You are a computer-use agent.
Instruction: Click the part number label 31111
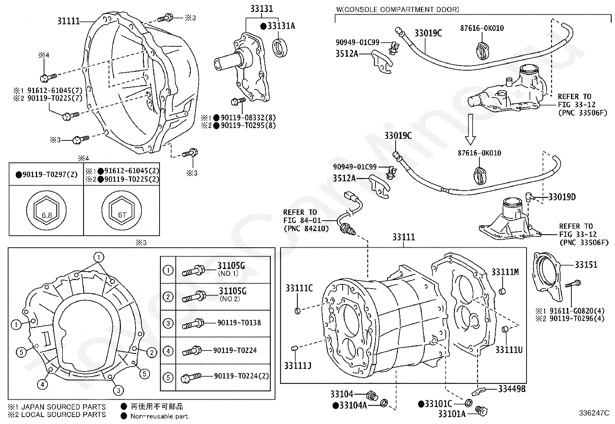coord(68,21)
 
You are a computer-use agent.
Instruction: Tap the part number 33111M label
coord(505,272)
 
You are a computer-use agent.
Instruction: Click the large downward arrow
coord(470,129)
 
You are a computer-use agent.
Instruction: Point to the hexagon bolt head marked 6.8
coord(46,211)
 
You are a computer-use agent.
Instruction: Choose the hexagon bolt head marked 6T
coord(122,211)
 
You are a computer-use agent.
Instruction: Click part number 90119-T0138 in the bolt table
coord(239,323)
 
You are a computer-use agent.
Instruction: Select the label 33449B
coord(512,389)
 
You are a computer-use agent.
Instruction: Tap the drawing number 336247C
coord(594,413)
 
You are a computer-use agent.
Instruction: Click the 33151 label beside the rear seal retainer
coord(586,265)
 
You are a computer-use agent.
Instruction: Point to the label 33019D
coord(562,197)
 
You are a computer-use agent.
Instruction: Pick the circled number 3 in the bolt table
coord(168,323)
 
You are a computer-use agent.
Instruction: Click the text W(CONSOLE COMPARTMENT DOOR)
coord(398,10)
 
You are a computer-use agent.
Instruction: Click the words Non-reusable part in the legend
coord(159,416)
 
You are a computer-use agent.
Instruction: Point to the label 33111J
coord(297,366)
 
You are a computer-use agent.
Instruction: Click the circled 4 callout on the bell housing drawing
coord(42,385)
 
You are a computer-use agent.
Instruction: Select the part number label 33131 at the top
coord(262,9)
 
